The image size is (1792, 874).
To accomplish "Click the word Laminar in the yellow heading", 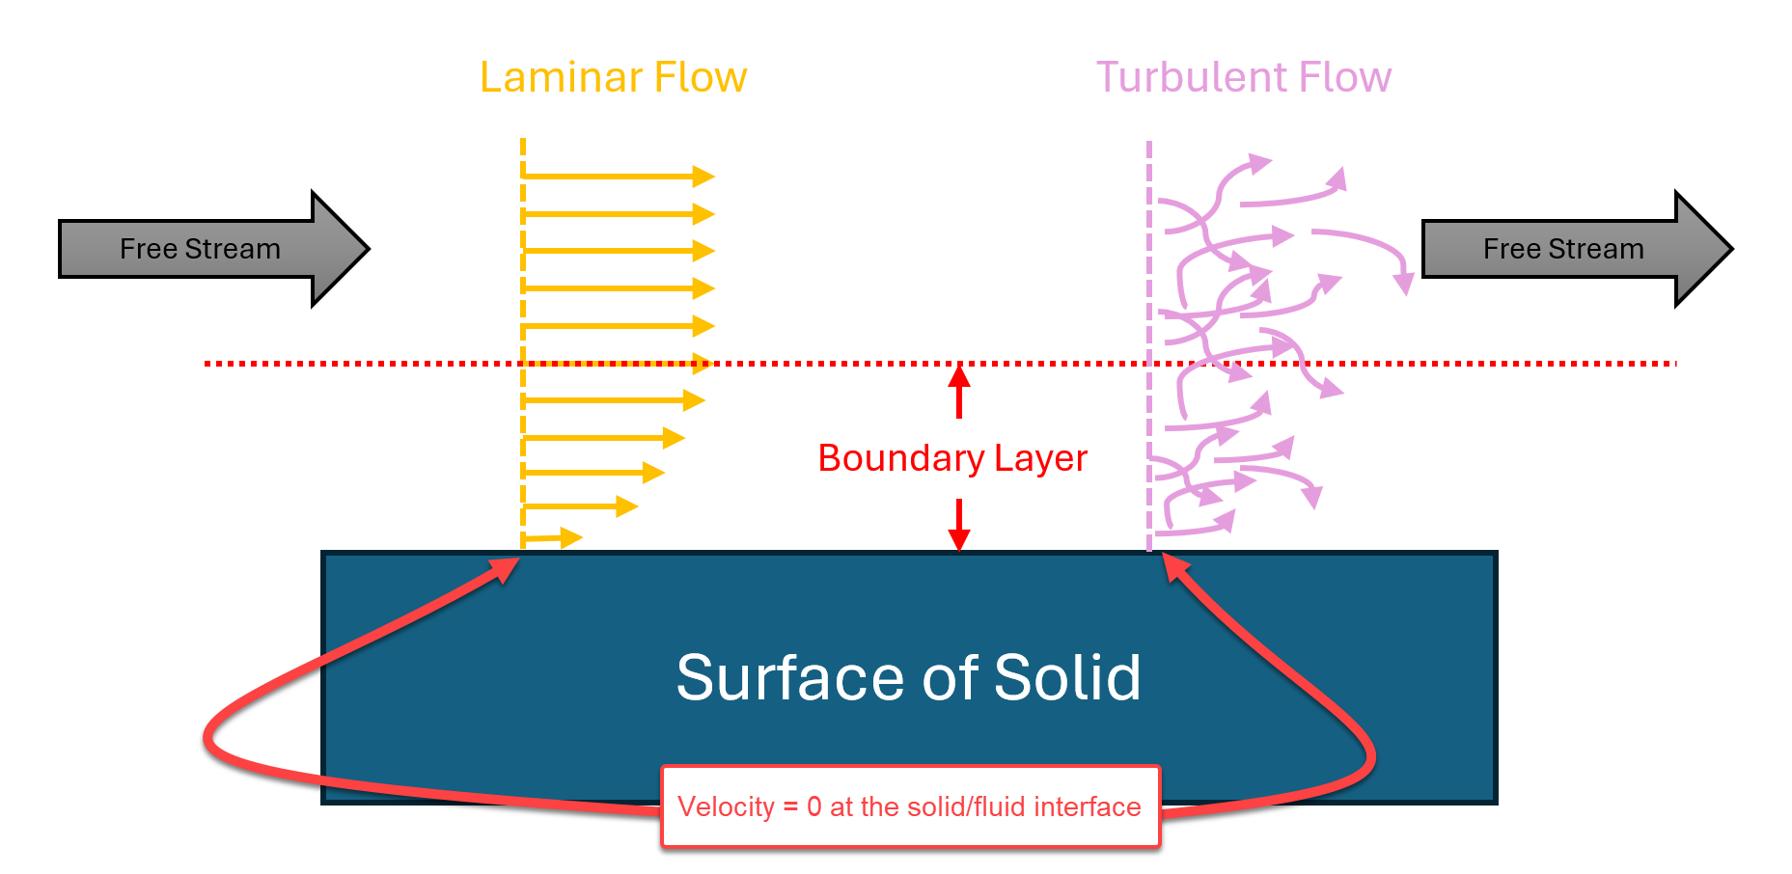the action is (546, 77).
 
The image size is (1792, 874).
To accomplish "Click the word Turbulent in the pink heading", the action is (1191, 77).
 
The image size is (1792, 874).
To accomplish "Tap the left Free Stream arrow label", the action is (200, 249).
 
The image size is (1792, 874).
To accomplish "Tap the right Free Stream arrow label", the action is (1563, 249).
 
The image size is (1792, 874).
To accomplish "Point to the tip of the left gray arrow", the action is (369, 249).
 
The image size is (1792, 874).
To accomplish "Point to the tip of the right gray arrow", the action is (1732, 249).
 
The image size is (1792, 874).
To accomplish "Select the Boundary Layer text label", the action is (952, 458).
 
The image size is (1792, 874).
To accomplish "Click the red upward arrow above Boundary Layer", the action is (959, 391).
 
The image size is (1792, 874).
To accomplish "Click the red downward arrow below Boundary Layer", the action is (959, 525).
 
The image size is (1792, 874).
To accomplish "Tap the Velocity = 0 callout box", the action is (911, 807).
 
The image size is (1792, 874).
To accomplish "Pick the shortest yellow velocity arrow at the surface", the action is (553, 537).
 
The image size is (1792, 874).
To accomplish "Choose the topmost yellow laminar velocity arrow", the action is (619, 177).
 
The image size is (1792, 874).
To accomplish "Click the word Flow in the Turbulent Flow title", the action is (1346, 77).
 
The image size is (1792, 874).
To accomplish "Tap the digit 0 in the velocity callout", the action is (814, 806).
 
